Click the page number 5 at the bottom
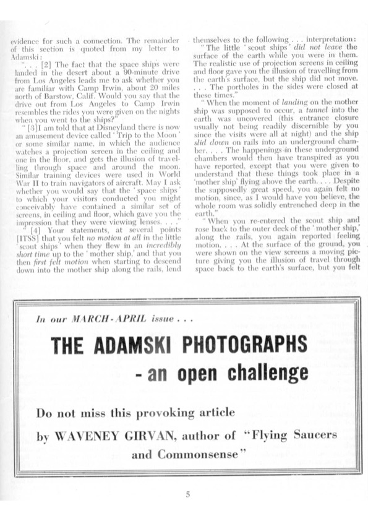(x=188, y=493)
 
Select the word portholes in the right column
(x=224, y=87)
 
